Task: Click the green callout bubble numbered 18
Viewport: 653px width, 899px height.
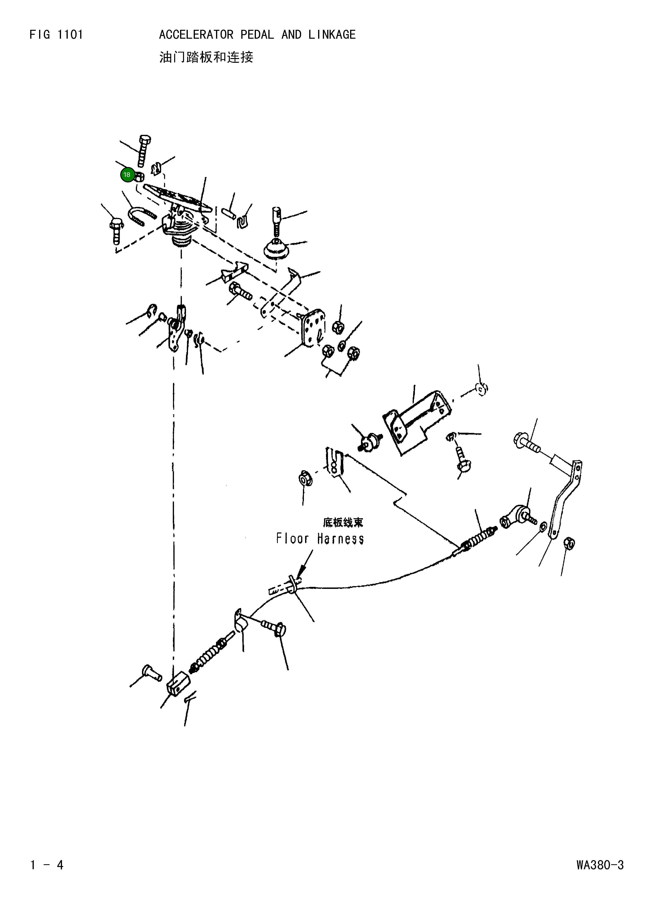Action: (127, 175)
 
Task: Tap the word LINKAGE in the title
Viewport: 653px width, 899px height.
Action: (332, 35)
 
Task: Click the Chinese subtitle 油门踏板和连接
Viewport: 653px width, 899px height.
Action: (206, 57)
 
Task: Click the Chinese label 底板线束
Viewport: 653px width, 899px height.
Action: (343, 522)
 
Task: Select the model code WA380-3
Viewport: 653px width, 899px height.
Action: (600, 865)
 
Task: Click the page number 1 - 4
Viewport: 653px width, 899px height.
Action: (47, 865)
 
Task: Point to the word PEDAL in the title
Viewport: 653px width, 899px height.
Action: (257, 35)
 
